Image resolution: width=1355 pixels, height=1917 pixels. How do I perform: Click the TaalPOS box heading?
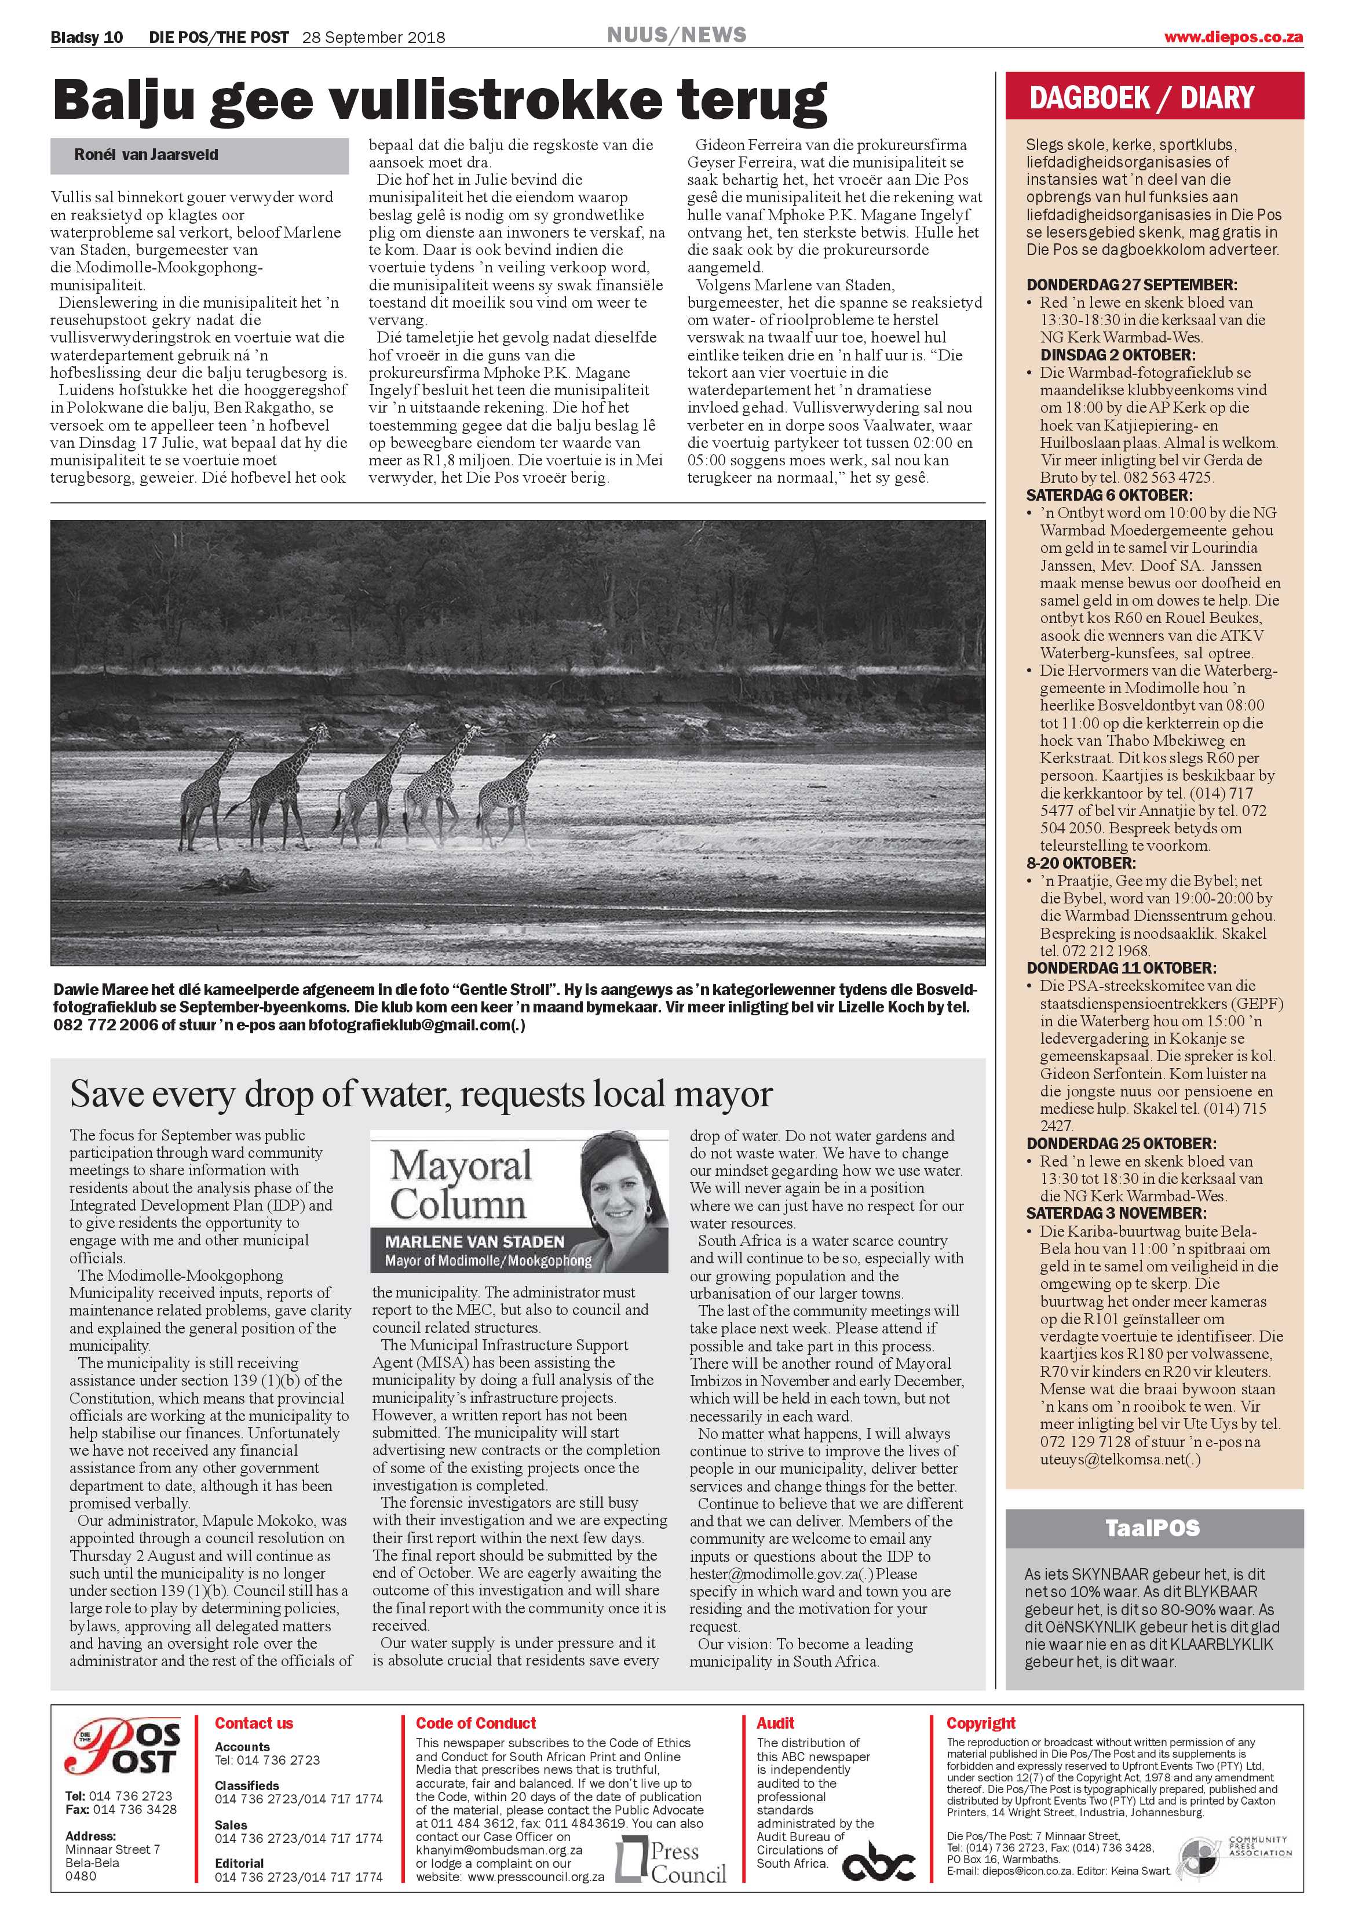[1152, 1528]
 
